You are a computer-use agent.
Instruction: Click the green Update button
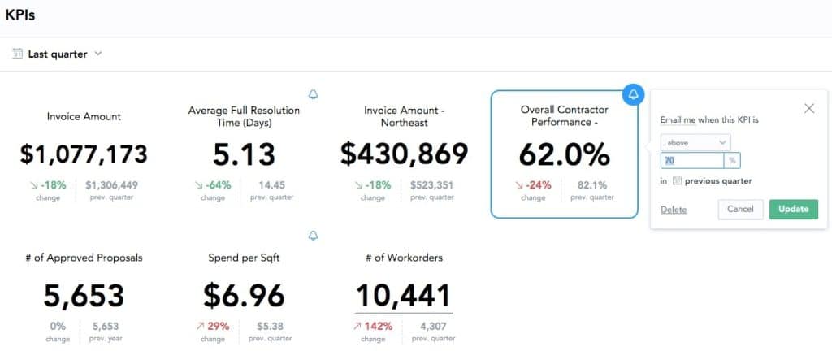[793, 209]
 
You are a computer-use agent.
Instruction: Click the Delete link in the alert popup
[673, 210]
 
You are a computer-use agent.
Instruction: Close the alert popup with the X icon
[808, 108]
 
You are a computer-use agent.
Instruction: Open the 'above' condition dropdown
[695, 142]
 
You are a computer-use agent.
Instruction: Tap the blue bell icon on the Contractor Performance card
[635, 93]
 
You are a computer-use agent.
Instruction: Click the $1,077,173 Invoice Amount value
[84, 154]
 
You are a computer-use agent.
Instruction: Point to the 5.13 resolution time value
[244, 154]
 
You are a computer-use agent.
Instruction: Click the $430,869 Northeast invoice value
[404, 154]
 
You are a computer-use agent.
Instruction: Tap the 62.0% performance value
[564, 154]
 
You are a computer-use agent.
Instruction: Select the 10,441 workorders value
[404, 294]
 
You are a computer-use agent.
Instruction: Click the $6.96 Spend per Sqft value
[244, 294]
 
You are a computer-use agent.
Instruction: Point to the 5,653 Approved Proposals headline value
[84, 294]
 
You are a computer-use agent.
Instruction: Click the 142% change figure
[379, 326]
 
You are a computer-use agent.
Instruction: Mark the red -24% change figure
[538, 184]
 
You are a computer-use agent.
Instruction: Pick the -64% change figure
[219, 184]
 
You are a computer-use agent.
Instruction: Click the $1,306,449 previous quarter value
[111, 184]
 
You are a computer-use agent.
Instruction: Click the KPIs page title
[20, 15]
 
